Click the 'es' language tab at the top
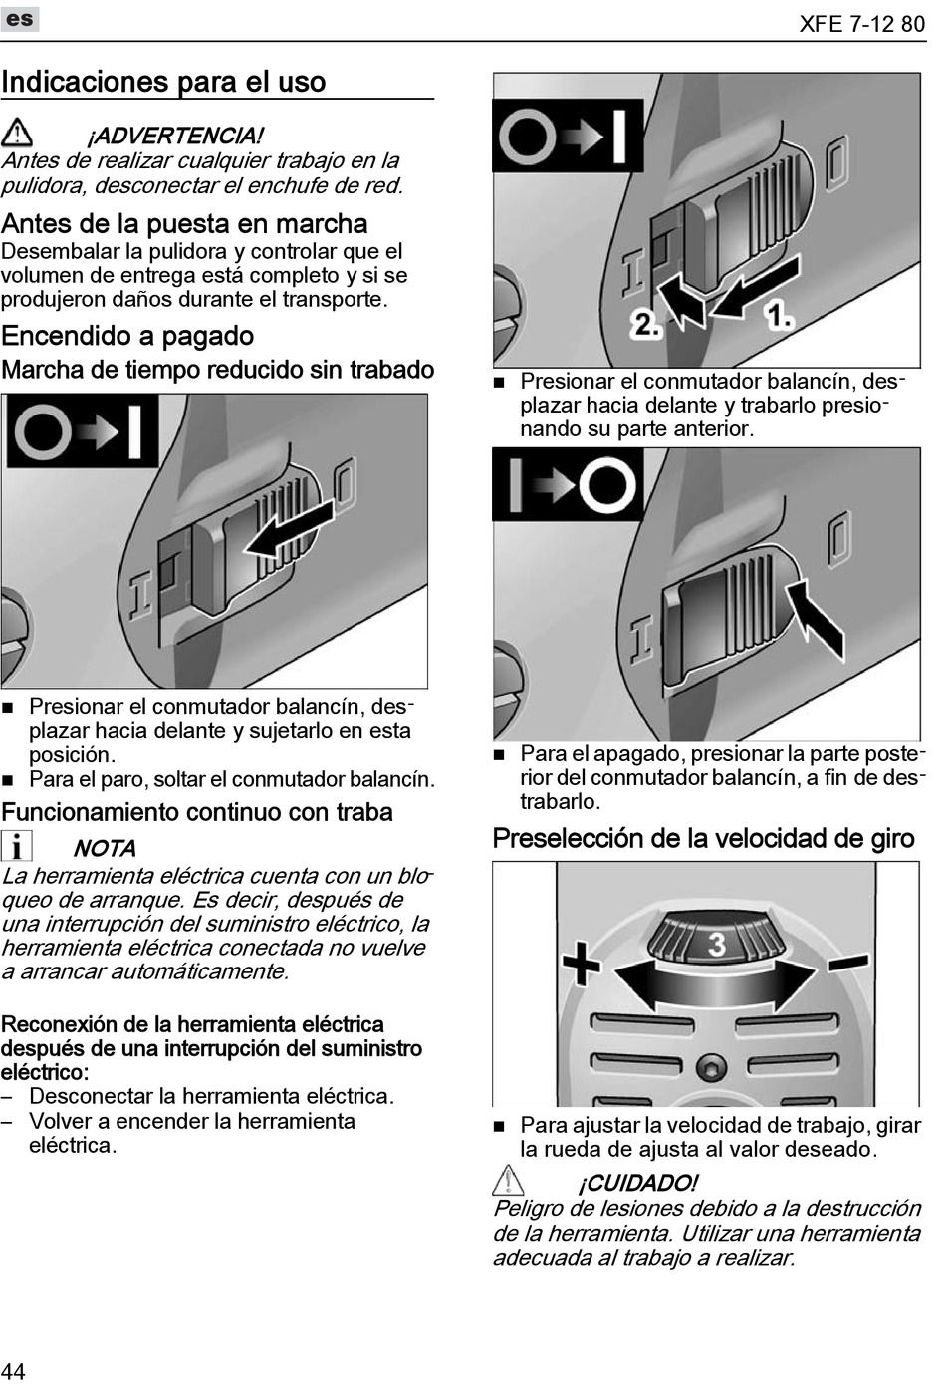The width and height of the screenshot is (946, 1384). [20, 19]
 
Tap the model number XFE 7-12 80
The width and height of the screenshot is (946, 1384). [861, 24]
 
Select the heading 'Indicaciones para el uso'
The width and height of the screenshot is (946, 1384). [163, 82]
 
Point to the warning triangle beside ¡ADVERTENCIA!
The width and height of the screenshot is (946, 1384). [17, 133]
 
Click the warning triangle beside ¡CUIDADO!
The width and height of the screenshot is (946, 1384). [508, 1181]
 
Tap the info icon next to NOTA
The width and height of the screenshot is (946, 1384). [17, 846]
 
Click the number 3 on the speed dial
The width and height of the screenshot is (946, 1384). [716, 943]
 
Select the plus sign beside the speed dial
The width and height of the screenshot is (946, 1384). [582, 964]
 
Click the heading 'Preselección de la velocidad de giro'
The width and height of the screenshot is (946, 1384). [703, 838]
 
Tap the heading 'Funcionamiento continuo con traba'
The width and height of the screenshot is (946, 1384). [197, 812]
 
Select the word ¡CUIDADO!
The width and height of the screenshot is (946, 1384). [637, 1183]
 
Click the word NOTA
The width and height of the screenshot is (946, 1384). [105, 849]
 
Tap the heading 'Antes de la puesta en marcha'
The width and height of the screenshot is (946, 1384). [184, 223]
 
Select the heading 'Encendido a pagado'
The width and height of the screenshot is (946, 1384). [127, 336]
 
